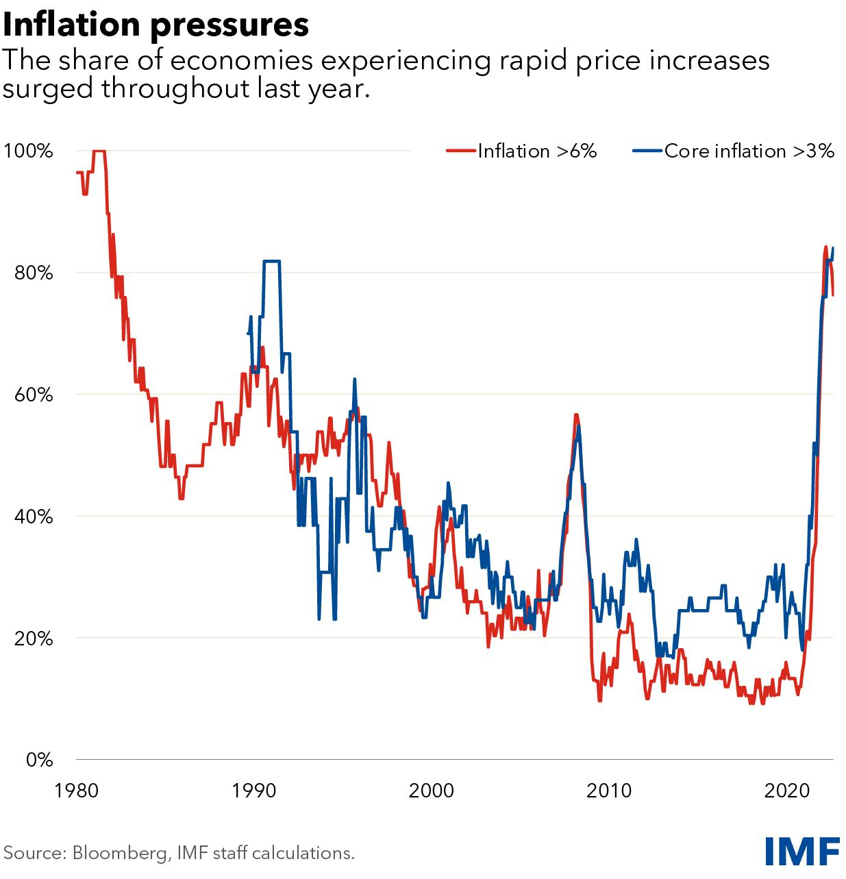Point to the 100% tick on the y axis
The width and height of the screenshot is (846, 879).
pos(28,151)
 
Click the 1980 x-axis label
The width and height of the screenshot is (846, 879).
pos(76,789)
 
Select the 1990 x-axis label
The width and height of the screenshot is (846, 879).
pos(254,789)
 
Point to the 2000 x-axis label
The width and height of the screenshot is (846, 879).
pos(432,789)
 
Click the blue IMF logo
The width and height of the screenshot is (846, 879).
pos(801,851)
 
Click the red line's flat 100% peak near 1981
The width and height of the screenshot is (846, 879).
pos(99,151)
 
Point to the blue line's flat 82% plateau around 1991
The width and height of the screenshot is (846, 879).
pos(271,261)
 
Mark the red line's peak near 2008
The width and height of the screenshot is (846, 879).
pos(577,414)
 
